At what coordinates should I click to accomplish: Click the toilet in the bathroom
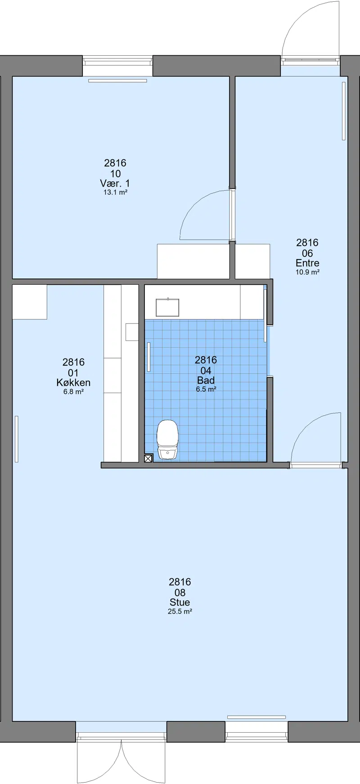[167, 439]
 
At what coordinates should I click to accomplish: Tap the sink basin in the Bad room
[167, 307]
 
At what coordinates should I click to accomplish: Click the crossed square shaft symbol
[148, 458]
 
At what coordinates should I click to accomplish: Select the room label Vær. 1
[115, 184]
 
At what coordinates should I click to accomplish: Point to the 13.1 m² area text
[115, 193]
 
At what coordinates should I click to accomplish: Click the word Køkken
[73, 383]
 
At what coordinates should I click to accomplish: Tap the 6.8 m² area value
[73, 392]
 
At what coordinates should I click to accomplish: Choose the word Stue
[180, 602]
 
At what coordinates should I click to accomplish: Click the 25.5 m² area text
[180, 612]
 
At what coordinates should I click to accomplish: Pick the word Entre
[307, 263]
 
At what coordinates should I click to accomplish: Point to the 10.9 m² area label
[307, 272]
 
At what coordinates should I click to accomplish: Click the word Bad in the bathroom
[206, 381]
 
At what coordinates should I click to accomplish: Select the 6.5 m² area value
[206, 390]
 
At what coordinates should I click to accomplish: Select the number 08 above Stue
[180, 593]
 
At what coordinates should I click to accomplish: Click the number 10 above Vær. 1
[115, 174]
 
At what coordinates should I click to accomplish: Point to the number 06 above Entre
[307, 254]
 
